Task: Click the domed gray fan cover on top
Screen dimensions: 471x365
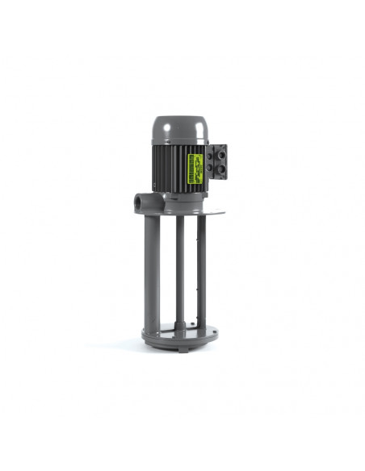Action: (x=178, y=128)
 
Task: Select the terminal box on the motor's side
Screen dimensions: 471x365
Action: (x=217, y=160)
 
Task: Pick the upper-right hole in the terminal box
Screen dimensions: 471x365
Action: (x=221, y=150)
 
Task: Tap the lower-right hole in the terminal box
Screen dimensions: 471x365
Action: (x=221, y=169)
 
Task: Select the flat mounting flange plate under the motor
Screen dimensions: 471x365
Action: (x=202, y=210)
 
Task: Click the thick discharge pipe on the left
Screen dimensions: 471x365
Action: (x=151, y=266)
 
